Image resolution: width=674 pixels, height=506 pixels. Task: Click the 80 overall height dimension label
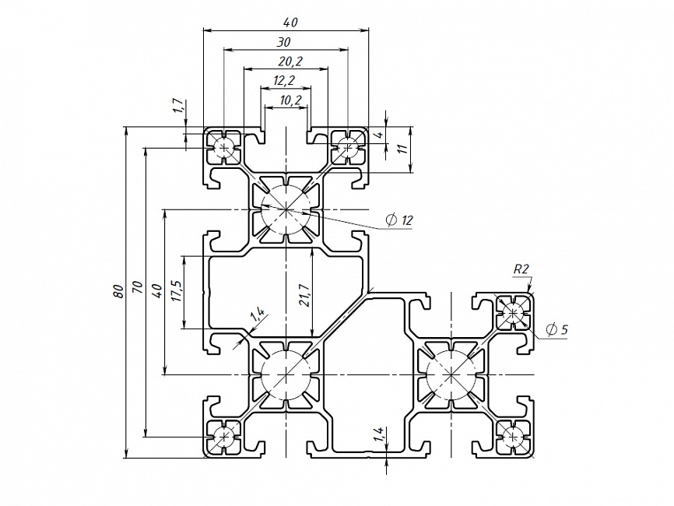[118, 291]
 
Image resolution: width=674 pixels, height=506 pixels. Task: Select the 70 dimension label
[138, 290]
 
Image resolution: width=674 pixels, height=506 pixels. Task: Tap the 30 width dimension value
[284, 41]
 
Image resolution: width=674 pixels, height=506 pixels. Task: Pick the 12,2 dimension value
[284, 80]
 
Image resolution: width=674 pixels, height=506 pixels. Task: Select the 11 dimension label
[402, 149]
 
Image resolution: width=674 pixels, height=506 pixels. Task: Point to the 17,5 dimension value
[177, 292]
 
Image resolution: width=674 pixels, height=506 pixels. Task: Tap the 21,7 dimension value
[304, 294]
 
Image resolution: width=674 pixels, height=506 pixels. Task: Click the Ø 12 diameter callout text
[398, 220]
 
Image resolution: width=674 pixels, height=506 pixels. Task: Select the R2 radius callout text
[521, 269]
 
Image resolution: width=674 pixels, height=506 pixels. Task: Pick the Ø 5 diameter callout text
[557, 330]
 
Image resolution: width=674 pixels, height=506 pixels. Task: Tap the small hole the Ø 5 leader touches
[513, 314]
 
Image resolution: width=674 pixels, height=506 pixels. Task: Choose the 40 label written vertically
[157, 290]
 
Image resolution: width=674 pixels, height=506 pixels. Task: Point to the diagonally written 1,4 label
[258, 314]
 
